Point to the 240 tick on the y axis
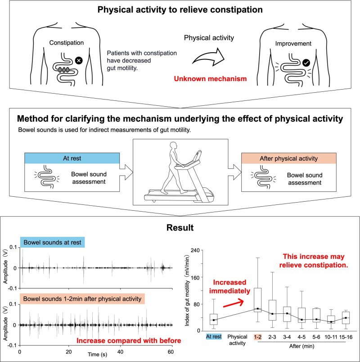[x=195, y=250]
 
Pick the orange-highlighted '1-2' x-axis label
[x=258, y=336]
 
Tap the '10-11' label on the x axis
[x=331, y=336]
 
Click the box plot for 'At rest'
[x=214, y=319]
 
